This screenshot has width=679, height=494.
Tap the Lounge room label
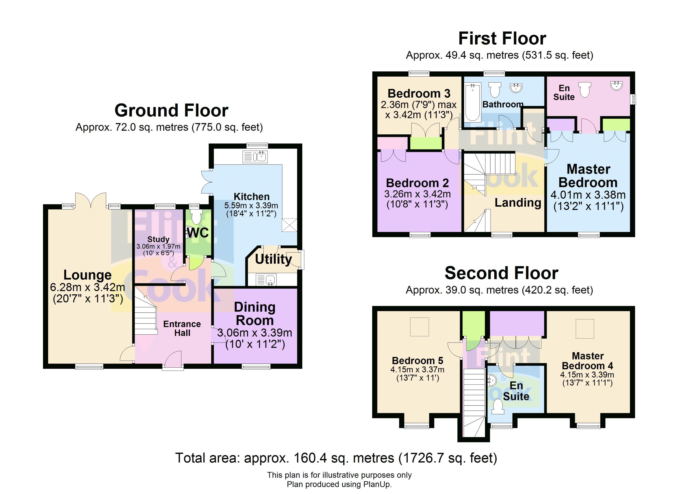coord(87,275)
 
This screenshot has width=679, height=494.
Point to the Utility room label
coord(273,259)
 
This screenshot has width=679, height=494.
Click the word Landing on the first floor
coord(518,203)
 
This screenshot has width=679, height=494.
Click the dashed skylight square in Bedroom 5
coord(419,327)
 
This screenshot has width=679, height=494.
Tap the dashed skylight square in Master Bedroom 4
coord(585,329)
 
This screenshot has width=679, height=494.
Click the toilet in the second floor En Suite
coord(498,407)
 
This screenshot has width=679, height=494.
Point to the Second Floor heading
coord(501,273)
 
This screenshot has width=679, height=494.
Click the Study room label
coord(158,239)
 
